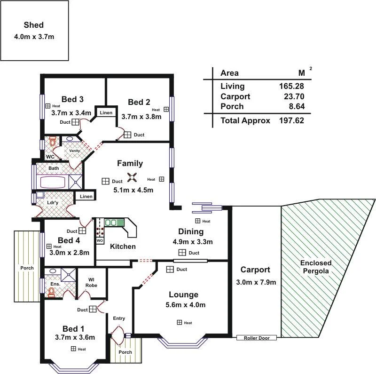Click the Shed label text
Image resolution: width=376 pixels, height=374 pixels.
click(x=33, y=25)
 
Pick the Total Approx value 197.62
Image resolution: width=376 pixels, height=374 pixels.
click(x=291, y=120)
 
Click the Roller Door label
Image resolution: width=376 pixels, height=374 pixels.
click(x=257, y=338)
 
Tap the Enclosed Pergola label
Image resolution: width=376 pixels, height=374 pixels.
click(x=316, y=267)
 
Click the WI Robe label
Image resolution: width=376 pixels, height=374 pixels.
click(x=92, y=282)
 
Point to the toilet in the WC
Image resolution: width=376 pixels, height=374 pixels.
click(x=53, y=142)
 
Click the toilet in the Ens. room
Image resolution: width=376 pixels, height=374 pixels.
click(x=51, y=292)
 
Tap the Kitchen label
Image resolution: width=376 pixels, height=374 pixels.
click(x=123, y=247)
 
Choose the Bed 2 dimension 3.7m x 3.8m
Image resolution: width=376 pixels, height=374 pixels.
click(x=141, y=116)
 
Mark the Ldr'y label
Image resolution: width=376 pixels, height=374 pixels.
click(x=53, y=203)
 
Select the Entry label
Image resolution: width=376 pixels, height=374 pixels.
click(x=119, y=318)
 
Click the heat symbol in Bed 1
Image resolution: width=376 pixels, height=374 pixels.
click(x=74, y=349)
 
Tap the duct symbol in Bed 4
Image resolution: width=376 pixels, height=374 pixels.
click(x=82, y=231)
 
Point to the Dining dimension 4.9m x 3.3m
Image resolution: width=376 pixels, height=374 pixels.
click(x=193, y=242)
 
